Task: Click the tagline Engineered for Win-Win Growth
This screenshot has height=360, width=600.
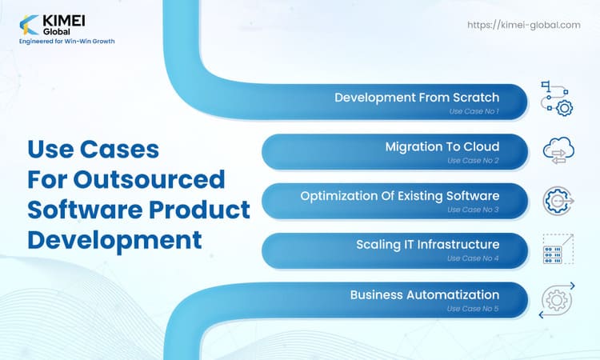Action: click(66, 40)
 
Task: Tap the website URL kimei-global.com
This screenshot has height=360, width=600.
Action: click(524, 25)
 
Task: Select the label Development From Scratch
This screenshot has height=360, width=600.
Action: click(417, 98)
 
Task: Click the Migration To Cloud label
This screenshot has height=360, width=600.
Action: click(442, 146)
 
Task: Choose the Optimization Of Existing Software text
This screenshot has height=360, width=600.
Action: click(400, 195)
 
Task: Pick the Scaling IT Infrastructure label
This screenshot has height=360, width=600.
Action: click(428, 244)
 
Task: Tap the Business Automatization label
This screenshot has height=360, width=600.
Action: click(425, 294)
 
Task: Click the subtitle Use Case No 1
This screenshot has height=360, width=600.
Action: click(474, 111)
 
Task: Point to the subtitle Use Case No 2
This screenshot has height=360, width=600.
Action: click(474, 161)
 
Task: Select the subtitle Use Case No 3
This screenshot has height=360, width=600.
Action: click(474, 210)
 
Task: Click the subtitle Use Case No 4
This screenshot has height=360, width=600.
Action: click(474, 258)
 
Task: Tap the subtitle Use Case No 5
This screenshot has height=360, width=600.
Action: click(474, 308)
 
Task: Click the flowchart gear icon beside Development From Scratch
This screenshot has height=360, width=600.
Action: click(556, 98)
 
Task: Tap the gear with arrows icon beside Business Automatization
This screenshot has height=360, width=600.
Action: click(556, 299)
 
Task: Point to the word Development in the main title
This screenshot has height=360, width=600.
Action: click(114, 238)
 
